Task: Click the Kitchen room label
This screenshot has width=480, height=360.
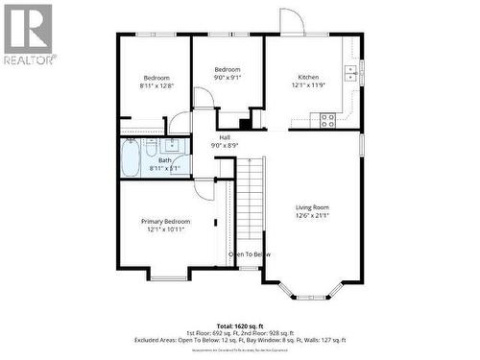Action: pyautogui.click(x=308, y=77)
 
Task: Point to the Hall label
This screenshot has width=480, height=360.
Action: pyautogui.click(x=225, y=137)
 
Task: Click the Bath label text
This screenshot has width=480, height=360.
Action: pyautogui.click(x=152, y=160)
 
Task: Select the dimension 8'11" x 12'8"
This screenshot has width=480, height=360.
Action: pyautogui.click(x=156, y=85)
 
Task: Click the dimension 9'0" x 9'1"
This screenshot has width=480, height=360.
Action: pyautogui.click(x=227, y=78)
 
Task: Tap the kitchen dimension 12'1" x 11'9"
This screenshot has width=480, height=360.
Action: pyautogui.click(x=308, y=85)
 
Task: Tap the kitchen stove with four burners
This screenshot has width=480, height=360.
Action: pyautogui.click(x=327, y=120)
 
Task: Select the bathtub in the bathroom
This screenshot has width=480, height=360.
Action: pyautogui.click(x=131, y=159)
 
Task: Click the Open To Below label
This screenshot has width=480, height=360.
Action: pyautogui.click(x=249, y=254)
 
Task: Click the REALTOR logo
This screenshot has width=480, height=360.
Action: pyautogui.click(x=28, y=35)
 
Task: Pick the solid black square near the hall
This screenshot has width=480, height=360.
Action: pyautogui.click(x=245, y=122)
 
